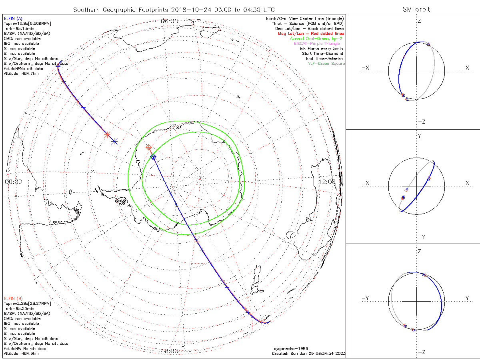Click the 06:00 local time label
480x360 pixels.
pyautogui.click(x=170, y=21)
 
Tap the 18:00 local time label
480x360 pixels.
pyautogui.click(x=170, y=351)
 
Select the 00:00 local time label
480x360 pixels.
pyautogui.click(x=13, y=182)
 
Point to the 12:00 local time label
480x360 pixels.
pyautogui.click(x=327, y=182)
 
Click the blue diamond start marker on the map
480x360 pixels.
pyautogui.click(x=153, y=157)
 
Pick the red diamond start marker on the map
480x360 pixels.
pyautogui.click(x=149, y=148)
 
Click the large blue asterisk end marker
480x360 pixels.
pyautogui.click(x=114, y=141)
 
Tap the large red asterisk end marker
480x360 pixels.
pyautogui.click(x=107, y=135)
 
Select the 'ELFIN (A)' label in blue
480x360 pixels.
pyautogui.click(x=13, y=18)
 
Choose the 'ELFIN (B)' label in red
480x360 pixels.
pyautogui.click(x=13, y=298)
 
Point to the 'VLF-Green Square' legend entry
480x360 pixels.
pyautogui.click(x=326, y=64)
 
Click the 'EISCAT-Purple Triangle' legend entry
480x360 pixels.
pyautogui.click(x=320, y=44)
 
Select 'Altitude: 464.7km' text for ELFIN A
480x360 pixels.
pyautogui.click(x=22, y=74)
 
